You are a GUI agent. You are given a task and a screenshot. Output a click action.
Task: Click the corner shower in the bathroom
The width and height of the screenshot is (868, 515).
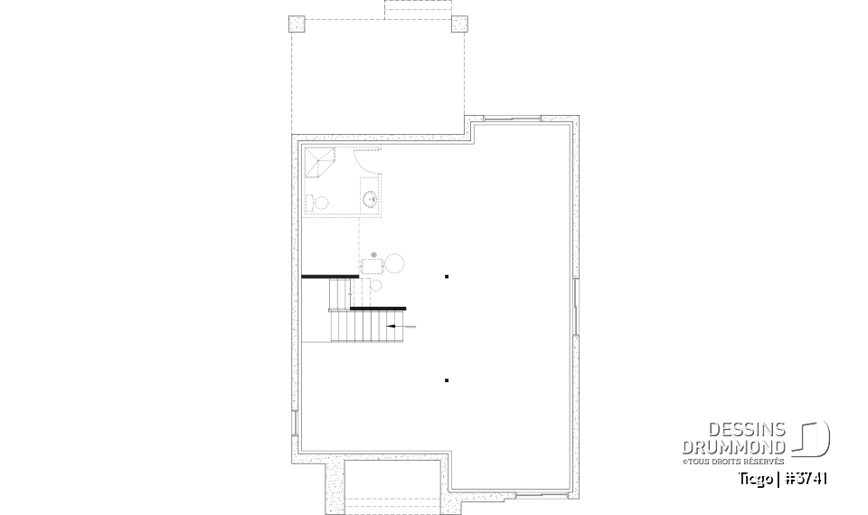[318, 162]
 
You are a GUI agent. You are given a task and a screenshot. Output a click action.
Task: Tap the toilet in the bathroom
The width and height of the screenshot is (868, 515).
[312, 201]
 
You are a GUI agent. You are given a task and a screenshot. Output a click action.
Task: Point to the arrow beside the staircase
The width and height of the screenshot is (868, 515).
[401, 324]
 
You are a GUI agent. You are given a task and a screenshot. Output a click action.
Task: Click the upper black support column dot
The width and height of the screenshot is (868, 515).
[447, 276]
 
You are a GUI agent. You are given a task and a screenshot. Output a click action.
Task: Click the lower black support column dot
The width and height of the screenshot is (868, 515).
[447, 380]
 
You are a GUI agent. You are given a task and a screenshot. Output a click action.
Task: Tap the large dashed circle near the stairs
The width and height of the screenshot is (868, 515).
[395, 263]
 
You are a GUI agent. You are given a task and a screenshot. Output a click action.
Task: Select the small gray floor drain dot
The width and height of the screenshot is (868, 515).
[362, 255]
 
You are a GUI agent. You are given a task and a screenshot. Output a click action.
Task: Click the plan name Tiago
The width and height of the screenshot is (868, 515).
[758, 478]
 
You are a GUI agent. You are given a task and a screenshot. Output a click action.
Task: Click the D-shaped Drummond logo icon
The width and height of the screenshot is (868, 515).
[813, 439]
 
